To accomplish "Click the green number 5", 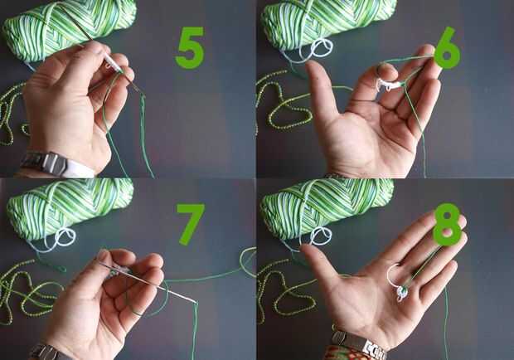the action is tap(190, 48).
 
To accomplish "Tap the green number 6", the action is tap(447, 48).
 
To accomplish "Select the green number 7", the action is tap(190, 224).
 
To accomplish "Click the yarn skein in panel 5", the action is tap(69, 29).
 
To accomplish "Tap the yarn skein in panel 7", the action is tap(70, 207).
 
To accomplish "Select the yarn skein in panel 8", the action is tap(327, 205).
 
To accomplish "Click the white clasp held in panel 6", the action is tap(388, 85).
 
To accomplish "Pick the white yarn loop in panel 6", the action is tap(321, 50).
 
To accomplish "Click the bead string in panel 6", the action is tap(282, 105).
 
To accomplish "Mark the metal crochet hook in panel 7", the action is tap(148, 280).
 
